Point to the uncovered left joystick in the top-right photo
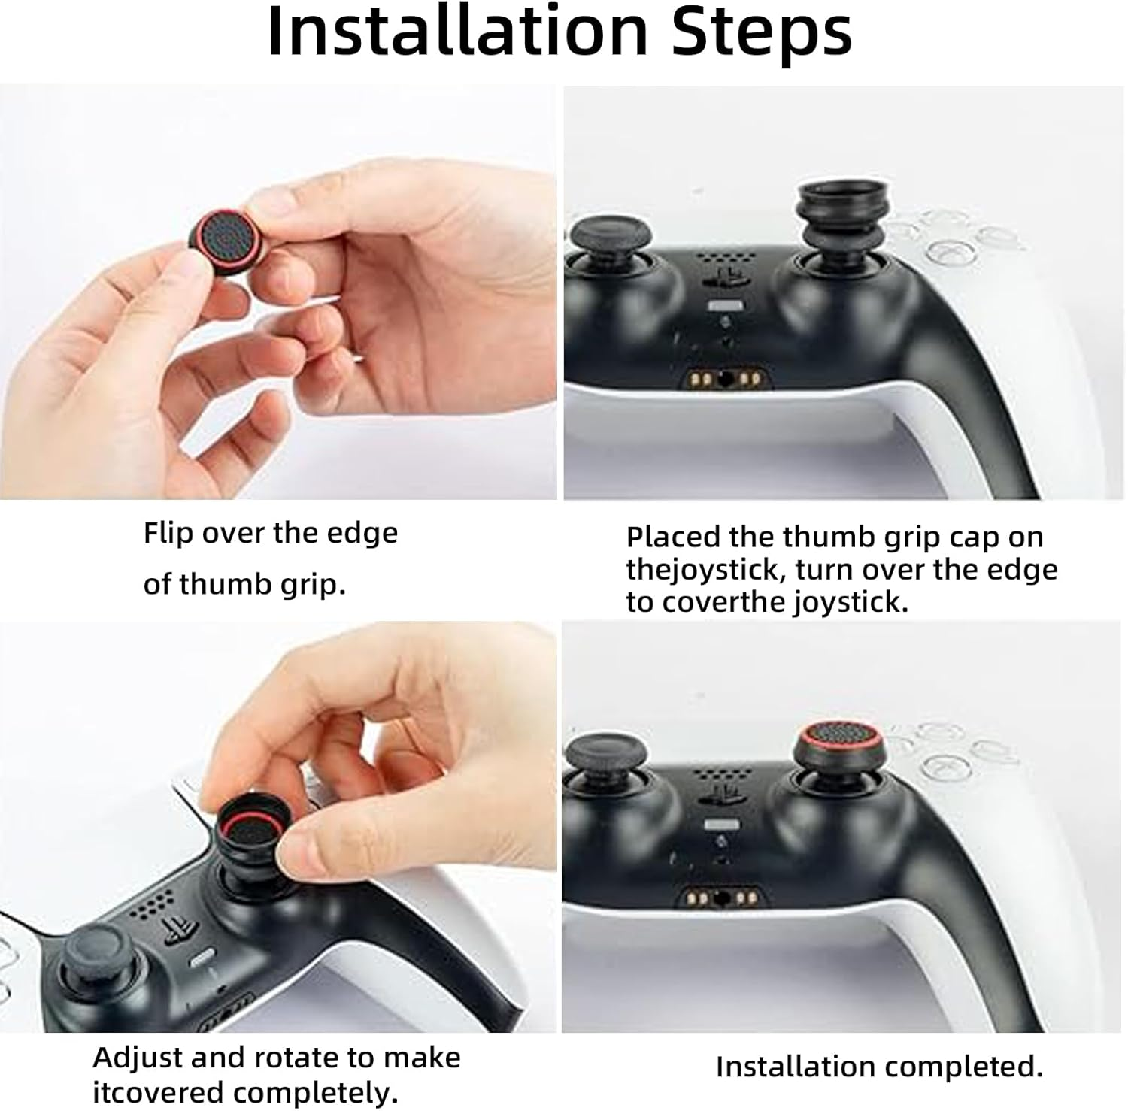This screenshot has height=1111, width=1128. (602, 239)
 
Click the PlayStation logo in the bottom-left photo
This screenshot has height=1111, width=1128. (178, 930)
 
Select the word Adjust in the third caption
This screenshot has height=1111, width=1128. (137, 1058)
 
